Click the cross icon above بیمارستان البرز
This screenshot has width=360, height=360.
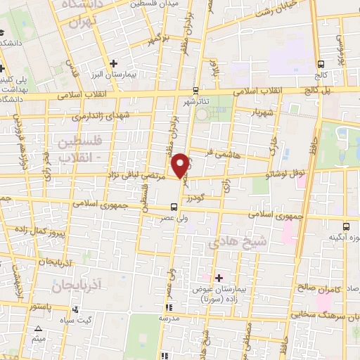(x=113, y=63)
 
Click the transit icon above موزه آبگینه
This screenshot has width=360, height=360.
(x=345, y=226)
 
